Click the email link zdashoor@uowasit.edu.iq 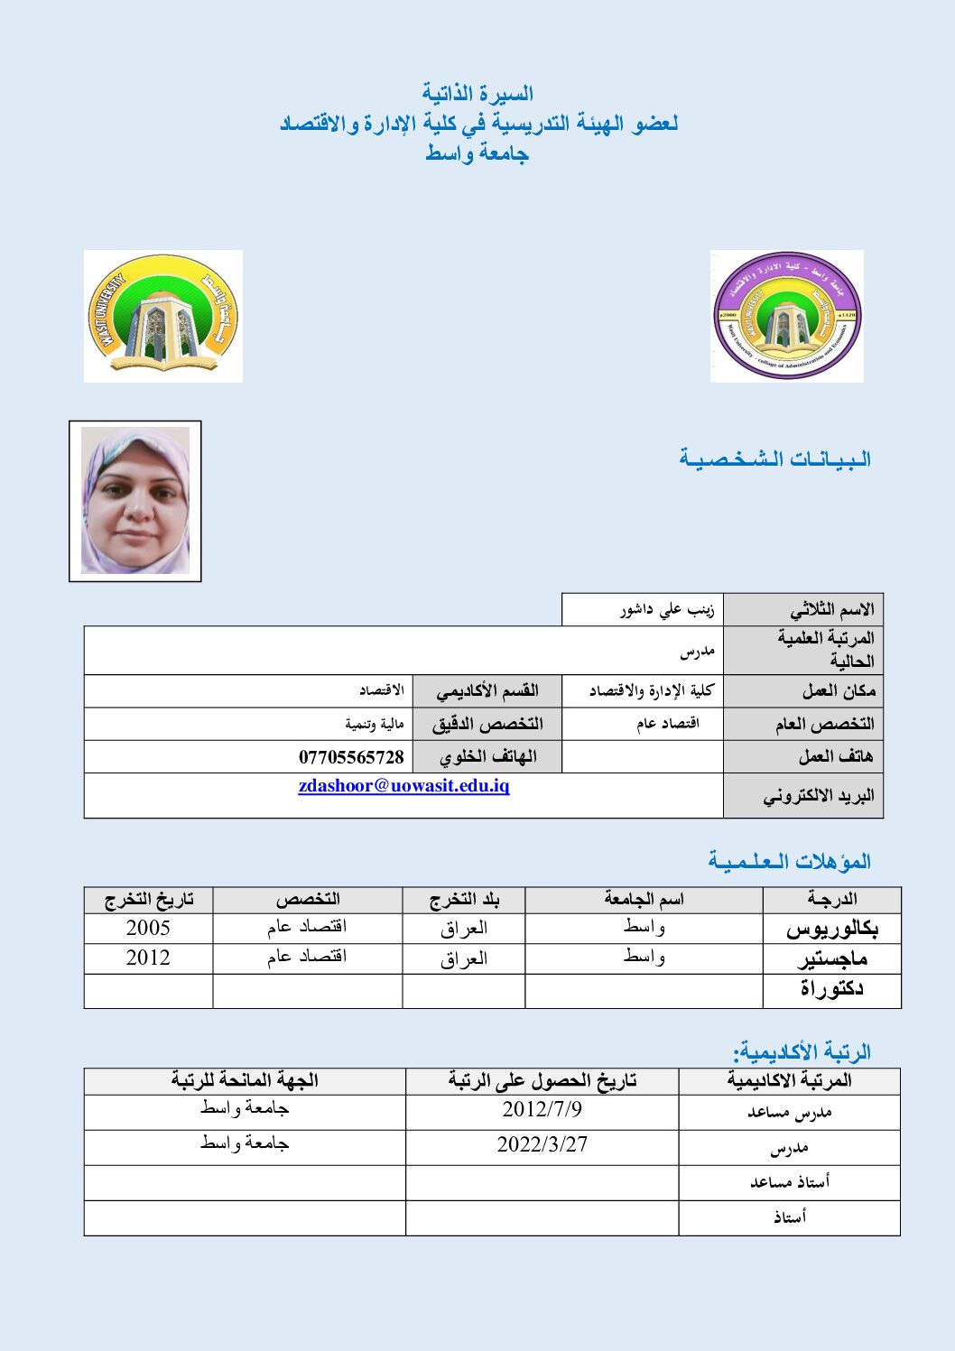click(403, 786)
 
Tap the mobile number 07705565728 click(351, 757)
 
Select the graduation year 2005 click(148, 928)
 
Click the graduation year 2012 click(148, 958)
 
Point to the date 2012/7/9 click(542, 1109)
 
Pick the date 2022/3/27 click(542, 1144)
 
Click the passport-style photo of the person click(135, 501)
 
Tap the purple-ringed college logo click(786, 316)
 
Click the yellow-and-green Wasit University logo click(163, 316)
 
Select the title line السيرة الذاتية click(477, 93)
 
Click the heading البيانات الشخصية click(774, 459)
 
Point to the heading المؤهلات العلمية click(789, 861)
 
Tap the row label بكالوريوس click(831, 929)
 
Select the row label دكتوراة click(831, 989)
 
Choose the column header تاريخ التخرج click(149, 900)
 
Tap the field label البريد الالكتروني click(819, 796)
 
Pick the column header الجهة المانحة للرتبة click(245, 1080)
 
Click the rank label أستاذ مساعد click(789, 1182)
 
